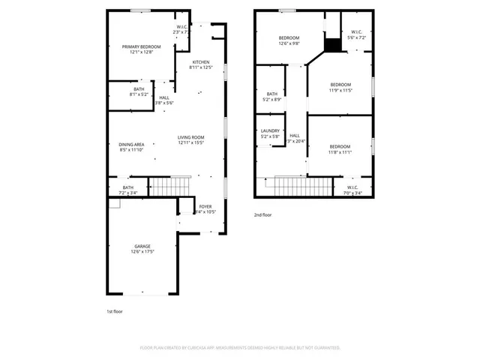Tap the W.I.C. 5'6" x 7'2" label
point(356,34)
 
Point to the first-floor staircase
point(171,185)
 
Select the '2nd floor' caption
point(263,214)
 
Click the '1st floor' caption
point(115,310)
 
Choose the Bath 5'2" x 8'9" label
point(271,97)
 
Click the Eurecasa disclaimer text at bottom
point(240,348)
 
